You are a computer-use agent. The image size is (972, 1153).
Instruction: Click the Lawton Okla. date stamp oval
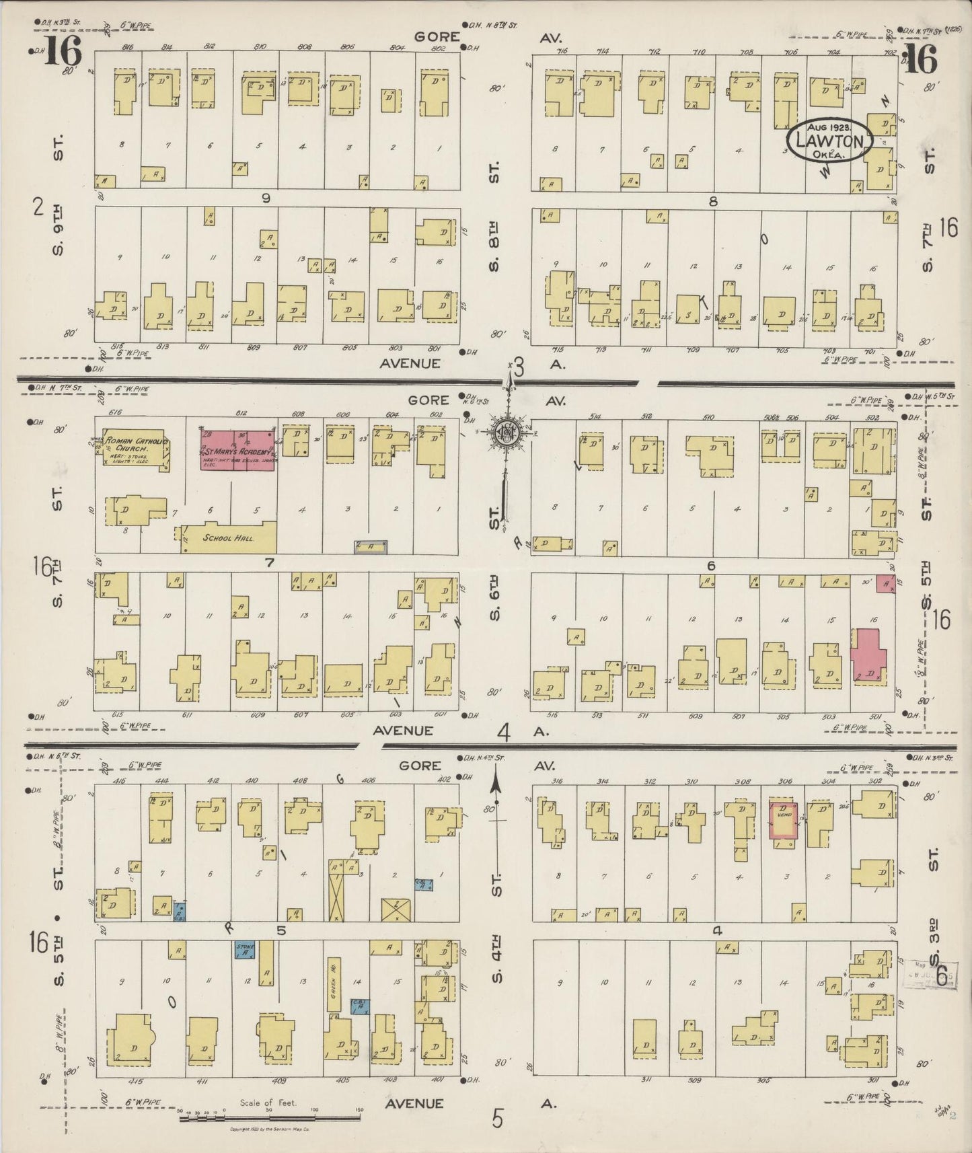pyautogui.click(x=829, y=141)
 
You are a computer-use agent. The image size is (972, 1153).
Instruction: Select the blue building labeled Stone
pyautogui.click(x=244, y=949)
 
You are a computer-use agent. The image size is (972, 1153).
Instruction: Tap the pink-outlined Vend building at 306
pyautogui.click(x=784, y=820)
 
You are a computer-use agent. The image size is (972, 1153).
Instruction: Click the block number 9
pyautogui.click(x=266, y=198)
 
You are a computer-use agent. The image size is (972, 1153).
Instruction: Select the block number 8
pyautogui.click(x=714, y=200)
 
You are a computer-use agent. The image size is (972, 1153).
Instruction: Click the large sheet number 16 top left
pyautogui.click(x=63, y=50)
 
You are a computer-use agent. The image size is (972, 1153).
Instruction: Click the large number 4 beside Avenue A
pyautogui.click(x=504, y=731)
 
